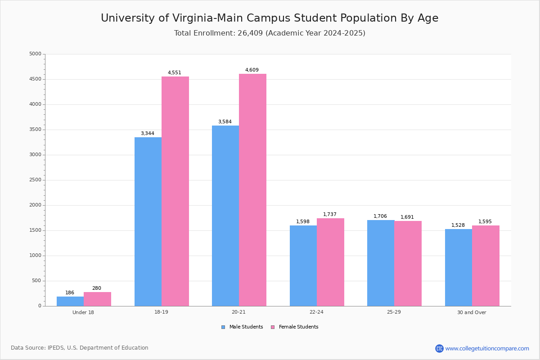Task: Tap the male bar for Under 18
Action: (x=70, y=301)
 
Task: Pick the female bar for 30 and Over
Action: (x=486, y=265)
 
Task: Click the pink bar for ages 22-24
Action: (x=330, y=262)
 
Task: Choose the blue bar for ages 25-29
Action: (x=381, y=263)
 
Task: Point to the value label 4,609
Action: (x=252, y=70)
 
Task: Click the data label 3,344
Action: (x=148, y=133)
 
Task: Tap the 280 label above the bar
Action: (x=97, y=288)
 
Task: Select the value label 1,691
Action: (x=407, y=217)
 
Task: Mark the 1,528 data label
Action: (x=458, y=225)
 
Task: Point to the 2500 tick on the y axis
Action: (x=35, y=180)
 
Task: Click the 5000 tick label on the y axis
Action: (x=35, y=54)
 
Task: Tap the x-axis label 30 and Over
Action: (x=472, y=312)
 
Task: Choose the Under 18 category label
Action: (x=83, y=312)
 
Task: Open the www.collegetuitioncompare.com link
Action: (x=487, y=348)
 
